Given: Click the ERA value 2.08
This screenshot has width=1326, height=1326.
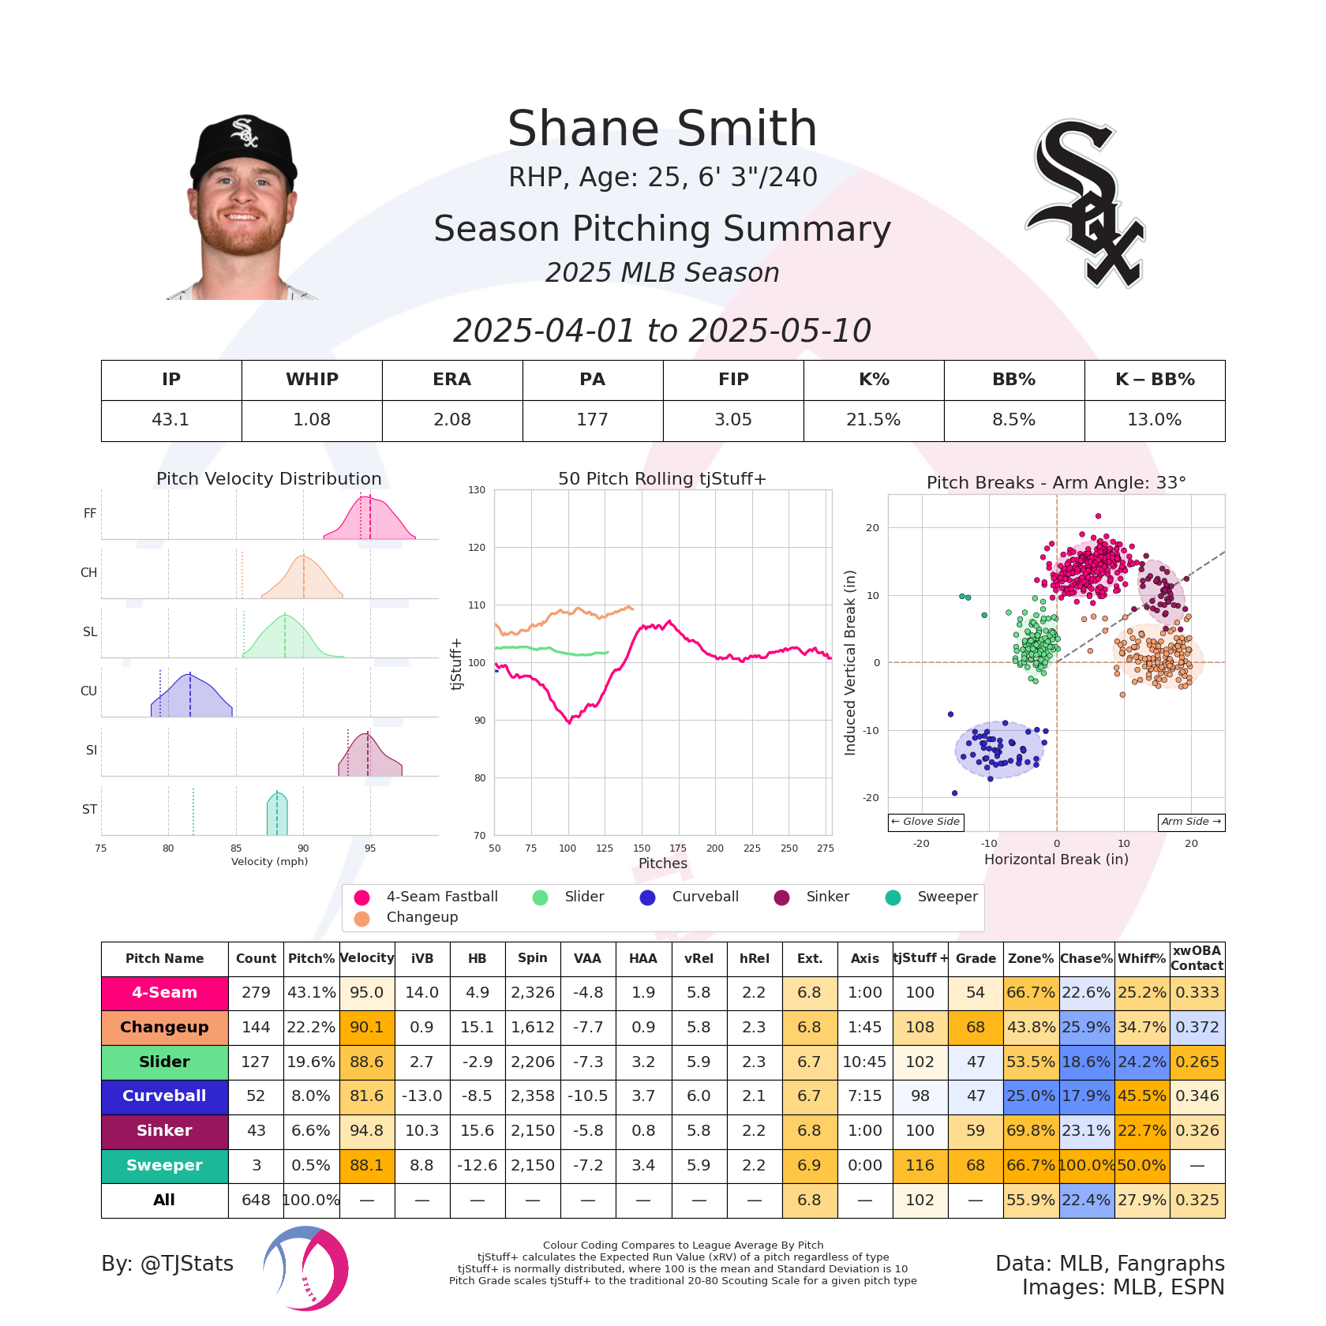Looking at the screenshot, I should tap(452, 420).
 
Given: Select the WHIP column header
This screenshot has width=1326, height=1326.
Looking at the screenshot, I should tap(312, 380).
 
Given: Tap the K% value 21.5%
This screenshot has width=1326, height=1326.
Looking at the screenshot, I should tap(873, 420).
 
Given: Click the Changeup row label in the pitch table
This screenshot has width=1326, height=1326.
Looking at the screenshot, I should tap(164, 1027).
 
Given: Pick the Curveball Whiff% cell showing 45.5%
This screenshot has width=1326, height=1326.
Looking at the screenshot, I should tap(1141, 1096).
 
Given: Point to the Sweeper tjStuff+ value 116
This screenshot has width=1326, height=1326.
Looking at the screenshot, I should tap(920, 1165).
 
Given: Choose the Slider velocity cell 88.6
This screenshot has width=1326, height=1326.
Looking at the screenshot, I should tap(366, 1062).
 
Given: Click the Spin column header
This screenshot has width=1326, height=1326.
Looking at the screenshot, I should tap(532, 958).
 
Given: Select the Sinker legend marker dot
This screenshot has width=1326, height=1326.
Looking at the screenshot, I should tap(781, 897).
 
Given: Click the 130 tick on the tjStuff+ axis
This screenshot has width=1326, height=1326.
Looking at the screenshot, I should tap(477, 490).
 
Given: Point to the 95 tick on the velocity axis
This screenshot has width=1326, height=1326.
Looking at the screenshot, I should tap(370, 848).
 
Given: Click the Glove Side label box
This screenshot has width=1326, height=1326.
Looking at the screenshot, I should tap(926, 822).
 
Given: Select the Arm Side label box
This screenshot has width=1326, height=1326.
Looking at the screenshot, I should tap(1191, 822).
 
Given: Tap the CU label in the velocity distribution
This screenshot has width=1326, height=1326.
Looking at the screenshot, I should tap(88, 691).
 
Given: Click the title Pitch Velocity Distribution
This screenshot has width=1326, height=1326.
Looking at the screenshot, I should tap(268, 479).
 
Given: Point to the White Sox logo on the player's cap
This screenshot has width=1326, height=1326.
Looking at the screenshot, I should tap(244, 132).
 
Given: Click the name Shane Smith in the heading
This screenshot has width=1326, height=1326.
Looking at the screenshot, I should tap(662, 129).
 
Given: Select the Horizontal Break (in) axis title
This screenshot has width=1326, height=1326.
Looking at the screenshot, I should tap(1056, 860).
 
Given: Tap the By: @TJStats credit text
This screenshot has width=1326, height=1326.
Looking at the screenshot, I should tap(167, 1264).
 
